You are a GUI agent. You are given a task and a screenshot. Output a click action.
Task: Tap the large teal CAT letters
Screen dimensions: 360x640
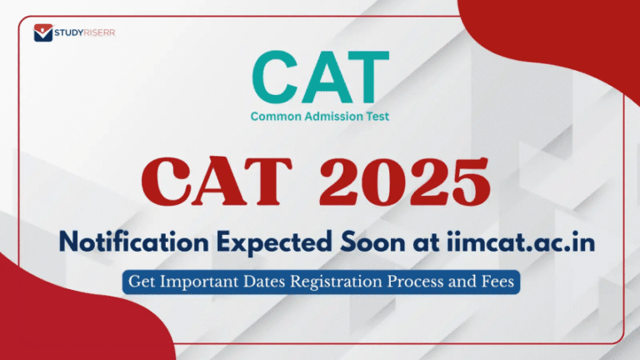(319, 77)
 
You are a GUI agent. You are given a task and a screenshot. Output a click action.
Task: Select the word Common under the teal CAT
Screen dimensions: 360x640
(274, 117)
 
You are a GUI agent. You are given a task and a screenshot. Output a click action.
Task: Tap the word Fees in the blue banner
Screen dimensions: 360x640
(499, 282)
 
